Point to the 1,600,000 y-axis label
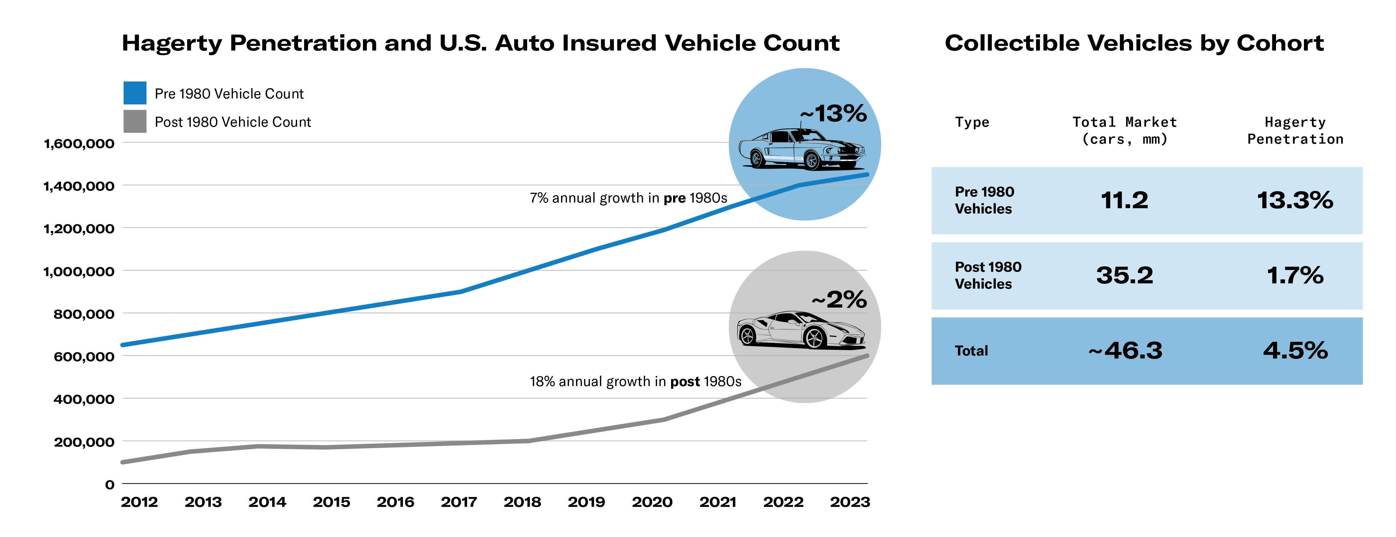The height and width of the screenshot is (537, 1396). pyautogui.click(x=79, y=144)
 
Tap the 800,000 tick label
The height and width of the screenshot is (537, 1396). pyautogui.click(x=84, y=314)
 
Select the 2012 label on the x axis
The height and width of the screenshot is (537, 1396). pyautogui.click(x=139, y=502)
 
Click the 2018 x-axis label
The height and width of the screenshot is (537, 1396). pyautogui.click(x=523, y=502)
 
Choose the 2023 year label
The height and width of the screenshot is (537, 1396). pyautogui.click(x=850, y=502)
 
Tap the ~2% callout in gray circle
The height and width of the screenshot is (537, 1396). pyautogui.click(x=839, y=300)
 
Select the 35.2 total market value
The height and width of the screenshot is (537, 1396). pyautogui.click(x=1124, y=275)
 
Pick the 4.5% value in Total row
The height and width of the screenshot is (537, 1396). pyautogui.click(x=1295, y=350)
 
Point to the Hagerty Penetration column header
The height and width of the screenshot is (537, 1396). pyautogui.click(x=1295, y=131)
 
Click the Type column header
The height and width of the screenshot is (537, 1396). pyautogui.click(x=972, y=122)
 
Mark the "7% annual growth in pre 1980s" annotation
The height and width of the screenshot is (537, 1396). pyautogui.click(x=628, y=198)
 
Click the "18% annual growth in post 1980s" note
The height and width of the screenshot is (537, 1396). pyautogui.click(x=635, y=381)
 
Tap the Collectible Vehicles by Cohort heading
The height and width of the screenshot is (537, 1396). pyautogui.click(x=1134, y=43)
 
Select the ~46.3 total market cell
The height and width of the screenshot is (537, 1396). pyautogui.click(x=1125, y=350)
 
